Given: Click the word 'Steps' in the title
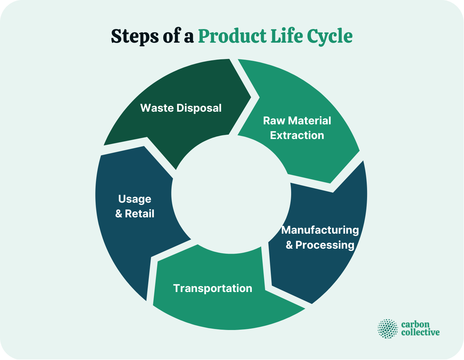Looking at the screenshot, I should tap(135, 36).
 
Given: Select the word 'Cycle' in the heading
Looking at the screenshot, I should tap(330, 36).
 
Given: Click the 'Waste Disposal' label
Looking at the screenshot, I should tap(181, 108).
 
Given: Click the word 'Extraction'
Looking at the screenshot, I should tap(297, 135).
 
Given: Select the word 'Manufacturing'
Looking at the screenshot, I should tap(320, 230).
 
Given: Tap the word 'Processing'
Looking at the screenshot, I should tap(325, 245).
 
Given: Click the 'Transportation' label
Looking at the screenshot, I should tap(213, 288).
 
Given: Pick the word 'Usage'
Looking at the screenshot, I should tap(135, 199).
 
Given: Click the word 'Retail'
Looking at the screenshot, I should tap(140, 214).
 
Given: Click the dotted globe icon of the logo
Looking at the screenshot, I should tap(388, 329).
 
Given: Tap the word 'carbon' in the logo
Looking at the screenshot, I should tap(415, 325).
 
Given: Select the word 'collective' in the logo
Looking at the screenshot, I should tap(420, 332).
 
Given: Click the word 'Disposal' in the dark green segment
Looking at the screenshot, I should tap(199, 108).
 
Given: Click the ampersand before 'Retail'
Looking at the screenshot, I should tap(119, 214).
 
